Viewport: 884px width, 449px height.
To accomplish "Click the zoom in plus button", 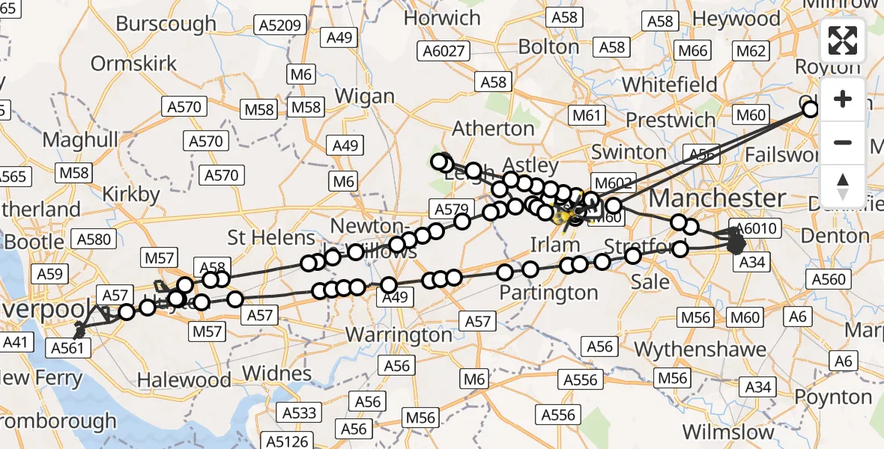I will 843,99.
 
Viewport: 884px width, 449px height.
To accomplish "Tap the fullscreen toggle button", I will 843,40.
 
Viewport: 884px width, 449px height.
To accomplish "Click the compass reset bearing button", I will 843,186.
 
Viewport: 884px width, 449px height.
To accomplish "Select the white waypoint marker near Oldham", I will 811,109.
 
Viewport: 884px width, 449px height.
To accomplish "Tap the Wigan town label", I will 365,96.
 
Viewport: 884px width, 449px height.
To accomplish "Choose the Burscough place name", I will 166,23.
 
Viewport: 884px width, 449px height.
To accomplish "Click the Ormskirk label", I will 134,63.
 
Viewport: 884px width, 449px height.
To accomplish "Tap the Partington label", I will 551,293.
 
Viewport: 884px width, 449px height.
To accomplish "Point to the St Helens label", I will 271,238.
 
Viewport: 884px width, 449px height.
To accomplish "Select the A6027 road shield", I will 445,52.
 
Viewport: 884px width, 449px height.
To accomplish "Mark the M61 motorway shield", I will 587,115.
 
